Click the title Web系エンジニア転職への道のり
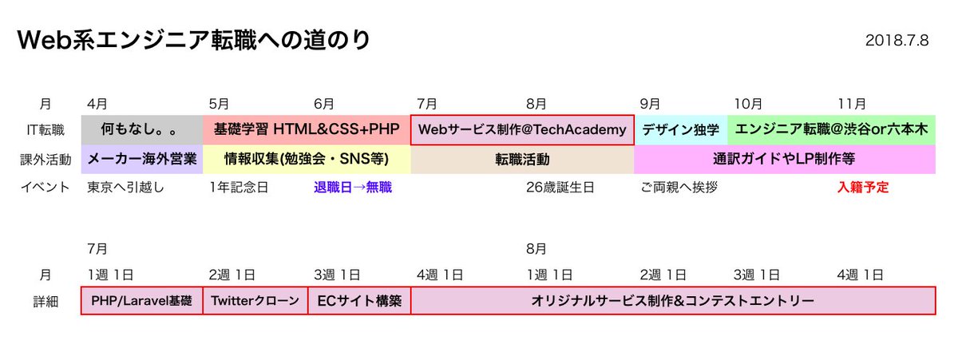tap(194, 41)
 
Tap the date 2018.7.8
tap(897, 41)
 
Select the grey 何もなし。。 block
tap(141, 129)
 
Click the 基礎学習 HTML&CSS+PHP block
tap(307, 129)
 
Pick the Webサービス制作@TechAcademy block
tap(522, 129)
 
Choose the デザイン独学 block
tap(680, 129)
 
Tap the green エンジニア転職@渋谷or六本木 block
tap(831, 129)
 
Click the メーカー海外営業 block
tap(141, 159)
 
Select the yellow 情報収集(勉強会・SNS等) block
tap(307, 159)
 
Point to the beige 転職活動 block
tap(522, 159)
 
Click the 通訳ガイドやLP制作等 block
tap(784, 159)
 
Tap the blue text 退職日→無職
tap(353, 188)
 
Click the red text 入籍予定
tap(863, 188)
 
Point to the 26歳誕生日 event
tap(560, 188)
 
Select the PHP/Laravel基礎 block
tap(141, 301)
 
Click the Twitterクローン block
tap(255, 301)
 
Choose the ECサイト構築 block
tap(359, 301)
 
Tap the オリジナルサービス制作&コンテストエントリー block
tap(672, 301)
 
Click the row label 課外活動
tap(46, 159)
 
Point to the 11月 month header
tap(852, 104)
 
